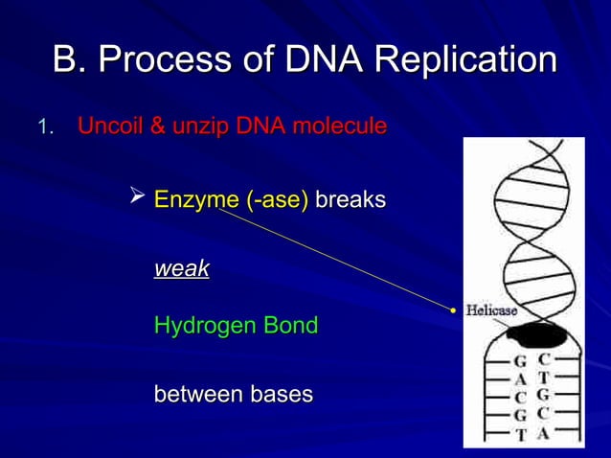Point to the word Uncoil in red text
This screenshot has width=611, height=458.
(108, 126)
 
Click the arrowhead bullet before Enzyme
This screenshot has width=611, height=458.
(137, 198)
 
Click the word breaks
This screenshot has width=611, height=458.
(351, 200)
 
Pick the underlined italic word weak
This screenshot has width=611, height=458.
(182, 269)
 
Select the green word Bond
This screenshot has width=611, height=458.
(292, 326)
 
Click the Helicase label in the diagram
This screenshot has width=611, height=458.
(491, 310)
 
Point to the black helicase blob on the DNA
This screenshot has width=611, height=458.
(535, 335)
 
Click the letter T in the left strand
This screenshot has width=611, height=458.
(522, 435)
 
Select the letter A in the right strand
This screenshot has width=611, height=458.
(543, 433)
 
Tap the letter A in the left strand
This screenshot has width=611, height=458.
(521, 379)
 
